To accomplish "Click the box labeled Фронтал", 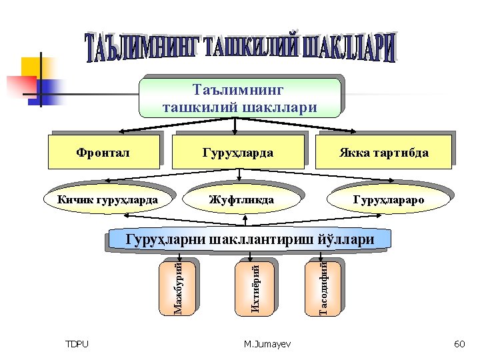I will (103, 152).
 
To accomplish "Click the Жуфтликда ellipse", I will (241, 199).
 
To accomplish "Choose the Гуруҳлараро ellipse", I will (388, 199).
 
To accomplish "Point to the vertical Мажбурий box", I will (178, 287).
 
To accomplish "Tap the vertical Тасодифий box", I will (322, 287).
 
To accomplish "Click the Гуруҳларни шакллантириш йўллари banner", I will (250, 239).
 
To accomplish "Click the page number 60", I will (459, 344).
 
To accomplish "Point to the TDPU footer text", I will (77, 344).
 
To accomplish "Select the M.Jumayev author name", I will (264, 344).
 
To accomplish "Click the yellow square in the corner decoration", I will (32, 67).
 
